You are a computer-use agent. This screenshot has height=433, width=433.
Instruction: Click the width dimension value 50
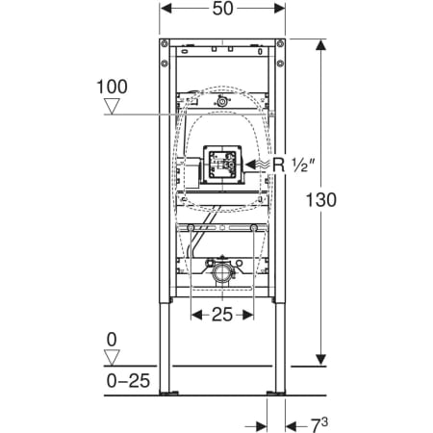(x=222, y=9)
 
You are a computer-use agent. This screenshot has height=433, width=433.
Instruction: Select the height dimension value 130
(x=321, y=199)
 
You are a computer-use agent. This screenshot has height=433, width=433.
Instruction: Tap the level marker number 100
(x=112, y=87)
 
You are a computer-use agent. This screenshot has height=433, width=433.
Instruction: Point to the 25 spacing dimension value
(x=222, y=315)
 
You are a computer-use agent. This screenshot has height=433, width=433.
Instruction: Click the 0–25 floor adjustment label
(x=128, y=381)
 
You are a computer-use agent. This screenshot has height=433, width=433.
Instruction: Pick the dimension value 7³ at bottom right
(x=318, y=425)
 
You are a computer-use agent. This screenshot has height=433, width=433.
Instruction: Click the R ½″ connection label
(x=293, y=165)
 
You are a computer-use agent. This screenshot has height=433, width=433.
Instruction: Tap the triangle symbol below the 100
(x=112, y=106)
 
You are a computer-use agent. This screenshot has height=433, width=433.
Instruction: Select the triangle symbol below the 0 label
(x=112, y=357)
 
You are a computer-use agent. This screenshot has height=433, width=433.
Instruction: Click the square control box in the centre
(x=222, y=165)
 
